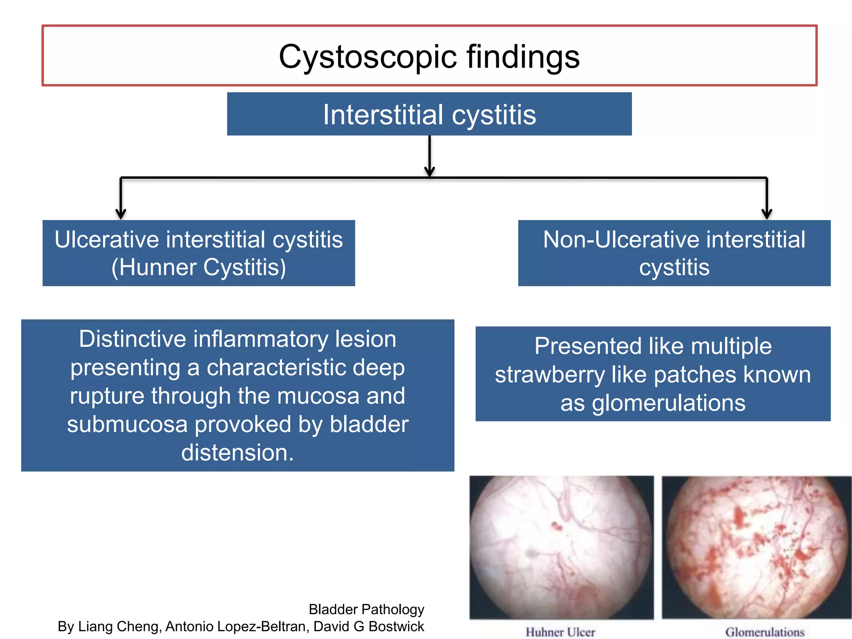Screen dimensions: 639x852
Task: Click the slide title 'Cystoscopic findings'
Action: pyautogui.click(x=429, y=57)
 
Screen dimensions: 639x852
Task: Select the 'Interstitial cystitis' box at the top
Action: pyautogui.click(x=429, y=114)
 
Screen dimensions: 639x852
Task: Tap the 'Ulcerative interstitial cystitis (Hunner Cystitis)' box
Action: pyautogui.click(x=198, y=253)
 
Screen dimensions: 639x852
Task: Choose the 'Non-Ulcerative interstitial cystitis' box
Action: pyautogui.click(x=674, y=253)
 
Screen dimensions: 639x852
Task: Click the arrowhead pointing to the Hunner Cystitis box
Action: pyautogui.click(x=121, y=214)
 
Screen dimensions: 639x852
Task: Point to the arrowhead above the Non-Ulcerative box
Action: pyautogui.click(x=767, y=214)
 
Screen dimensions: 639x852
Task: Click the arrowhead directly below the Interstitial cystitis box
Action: pyautogui.click(x=429, y=171)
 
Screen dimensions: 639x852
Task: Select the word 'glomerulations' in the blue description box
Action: pyautogui.click(x=669, y=403)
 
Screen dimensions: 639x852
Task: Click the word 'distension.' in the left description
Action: pyautogui.click(x=238, y=453)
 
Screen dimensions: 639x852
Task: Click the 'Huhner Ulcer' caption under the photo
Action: pyautogui.click(x=560, y=632)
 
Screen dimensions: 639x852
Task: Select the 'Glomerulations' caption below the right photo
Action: pyautogui.click(x=765, y=632)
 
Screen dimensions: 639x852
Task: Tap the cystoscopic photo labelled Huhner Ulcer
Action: pyautogui.click(x=561, y=547)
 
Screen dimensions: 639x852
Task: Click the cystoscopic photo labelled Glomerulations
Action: pyautogui.click(x=756, y=547)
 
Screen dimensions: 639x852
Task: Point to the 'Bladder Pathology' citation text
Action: pyautogui.click(x=366, y=609)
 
